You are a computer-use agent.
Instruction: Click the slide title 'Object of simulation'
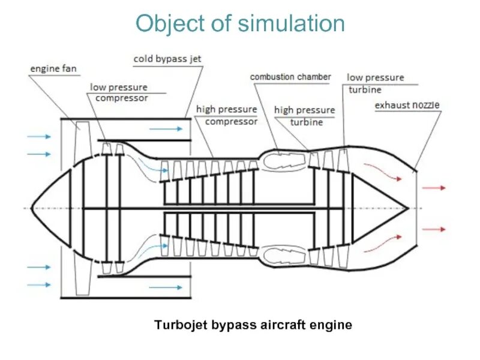coord(240,24)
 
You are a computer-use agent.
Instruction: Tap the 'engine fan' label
coord(53,68)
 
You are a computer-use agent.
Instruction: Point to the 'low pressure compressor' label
coord(119,92)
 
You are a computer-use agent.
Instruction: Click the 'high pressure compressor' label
coord(227,115)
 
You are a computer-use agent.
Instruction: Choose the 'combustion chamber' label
coord(290,77)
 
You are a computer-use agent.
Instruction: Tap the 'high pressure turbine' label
coord(304,116)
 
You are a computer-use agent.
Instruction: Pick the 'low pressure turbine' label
coord(376,83)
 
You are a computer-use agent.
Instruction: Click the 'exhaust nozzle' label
coord(407,105)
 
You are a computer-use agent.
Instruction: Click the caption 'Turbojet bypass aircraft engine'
coord(253,325)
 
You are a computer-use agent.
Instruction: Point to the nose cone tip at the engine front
coord(32,208)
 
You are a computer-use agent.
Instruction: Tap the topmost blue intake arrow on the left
coord(40,137)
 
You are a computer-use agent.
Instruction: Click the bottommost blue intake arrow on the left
coord(40,285)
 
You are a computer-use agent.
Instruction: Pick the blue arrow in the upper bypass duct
coord(166,128)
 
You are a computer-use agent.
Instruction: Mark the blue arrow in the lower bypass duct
coord(166,288)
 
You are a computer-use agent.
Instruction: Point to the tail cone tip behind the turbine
coord(408,208)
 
